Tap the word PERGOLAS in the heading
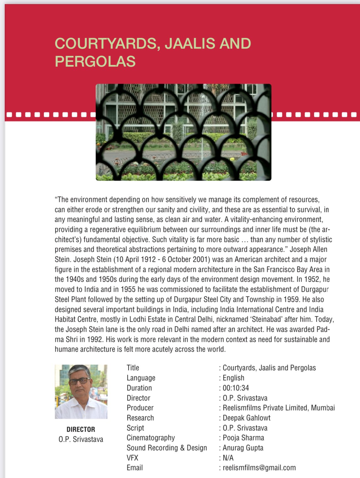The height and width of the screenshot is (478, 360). coord(95,61)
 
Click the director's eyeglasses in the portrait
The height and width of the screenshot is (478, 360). coord(79,381)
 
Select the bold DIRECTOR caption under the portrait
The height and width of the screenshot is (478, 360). coord(81,429)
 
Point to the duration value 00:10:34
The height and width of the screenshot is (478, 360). coord(236,388)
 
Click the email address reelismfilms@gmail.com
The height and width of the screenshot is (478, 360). coord(259,468)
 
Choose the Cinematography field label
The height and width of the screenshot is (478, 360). coord(151,438)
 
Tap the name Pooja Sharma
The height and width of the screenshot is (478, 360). coord(243,438)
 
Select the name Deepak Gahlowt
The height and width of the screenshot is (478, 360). coord(246,418)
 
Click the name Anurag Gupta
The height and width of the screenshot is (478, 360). coord(243,448)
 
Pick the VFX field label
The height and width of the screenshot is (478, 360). coord(132,458)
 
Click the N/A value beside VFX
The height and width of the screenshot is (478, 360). coord(228,458)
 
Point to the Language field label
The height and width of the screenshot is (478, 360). coord(141,378)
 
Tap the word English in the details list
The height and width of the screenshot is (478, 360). coord(233,378)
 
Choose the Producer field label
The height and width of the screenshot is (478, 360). coord(140,408)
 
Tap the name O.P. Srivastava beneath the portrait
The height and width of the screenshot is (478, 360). coord(81,439)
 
